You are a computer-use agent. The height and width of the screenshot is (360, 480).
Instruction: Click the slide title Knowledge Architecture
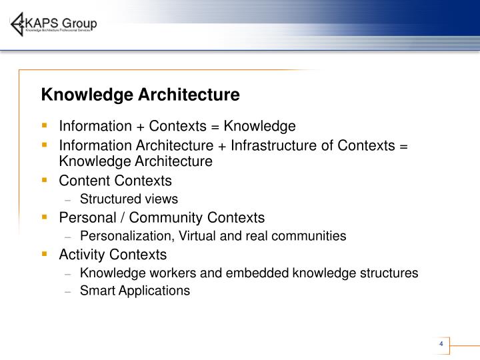pyautogui.click(x=140, y=95)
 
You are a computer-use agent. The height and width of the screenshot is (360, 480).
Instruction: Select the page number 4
pyautogui.click(x=441, y=344)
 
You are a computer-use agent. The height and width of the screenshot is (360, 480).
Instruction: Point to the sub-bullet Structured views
pyautogui.click(x=129, y=199)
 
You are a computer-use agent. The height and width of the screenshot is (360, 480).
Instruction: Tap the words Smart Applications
pyautogui.click(x=135, y=290)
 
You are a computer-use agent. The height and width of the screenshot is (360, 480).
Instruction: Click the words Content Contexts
pyautogui.click(x=115, y=181)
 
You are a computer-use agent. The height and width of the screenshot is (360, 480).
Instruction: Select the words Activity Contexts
pyautogui.click(x=113, y=255)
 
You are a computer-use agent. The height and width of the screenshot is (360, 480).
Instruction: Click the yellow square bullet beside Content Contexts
pyautogui.click(x=45, y=180)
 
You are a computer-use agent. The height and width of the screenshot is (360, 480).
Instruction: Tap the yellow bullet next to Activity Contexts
pyautogui.click(x=45, y=254)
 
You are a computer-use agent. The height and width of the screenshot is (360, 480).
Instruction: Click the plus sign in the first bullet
pyautogui.click(x=141, y=126)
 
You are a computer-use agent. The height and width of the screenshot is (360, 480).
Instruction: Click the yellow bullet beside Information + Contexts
pyautogui.click(x=45, y=125)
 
